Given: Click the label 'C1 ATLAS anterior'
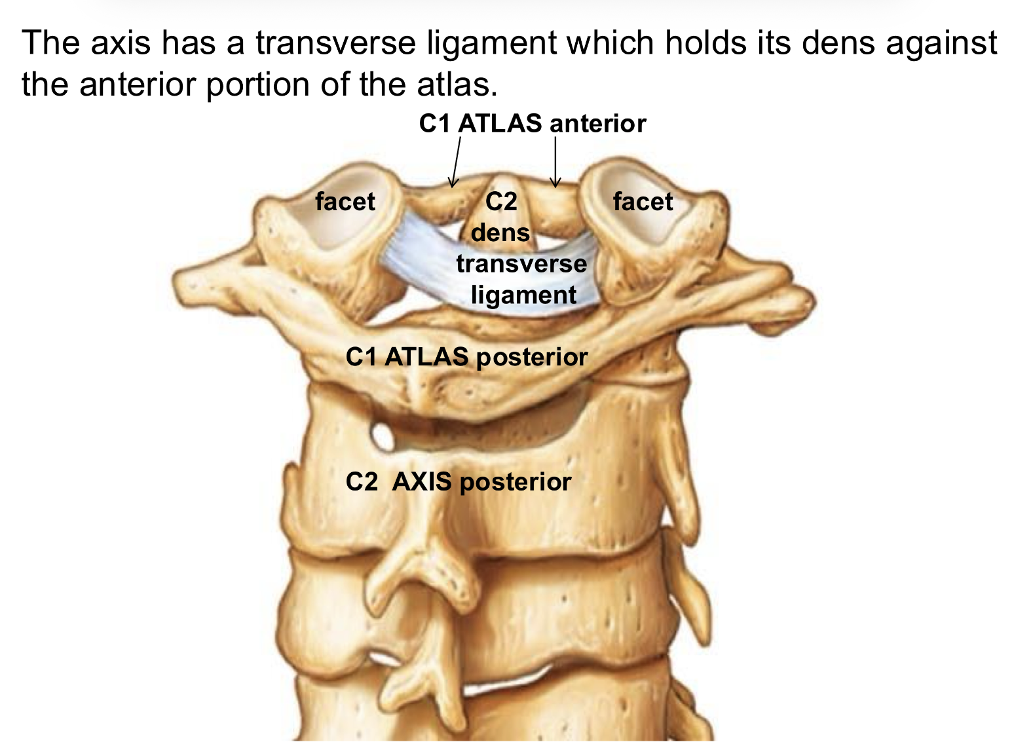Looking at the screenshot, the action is tap(533, 124).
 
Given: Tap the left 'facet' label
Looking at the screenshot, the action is tap(345, 201).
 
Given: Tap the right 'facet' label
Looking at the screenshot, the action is tap(643, 201).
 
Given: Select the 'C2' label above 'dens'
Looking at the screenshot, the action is tap(501, 201).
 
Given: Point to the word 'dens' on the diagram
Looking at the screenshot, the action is tap(500, 232).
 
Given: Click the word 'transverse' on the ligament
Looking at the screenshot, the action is tap(521, 264).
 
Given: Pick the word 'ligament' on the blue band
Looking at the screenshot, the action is tap(524, 295).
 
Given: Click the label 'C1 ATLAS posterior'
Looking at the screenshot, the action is tap(466, 357).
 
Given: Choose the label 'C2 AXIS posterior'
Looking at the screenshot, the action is tap(458, 482).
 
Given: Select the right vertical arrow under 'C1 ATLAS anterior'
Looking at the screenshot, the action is tap(555, 162).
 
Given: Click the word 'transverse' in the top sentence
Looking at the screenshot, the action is tap(335, 43).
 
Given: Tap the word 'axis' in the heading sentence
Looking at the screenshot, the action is tap(121, 43).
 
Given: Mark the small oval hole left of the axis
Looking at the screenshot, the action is tap(382, 436).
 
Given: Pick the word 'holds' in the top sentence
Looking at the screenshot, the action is tap(704, 43).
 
